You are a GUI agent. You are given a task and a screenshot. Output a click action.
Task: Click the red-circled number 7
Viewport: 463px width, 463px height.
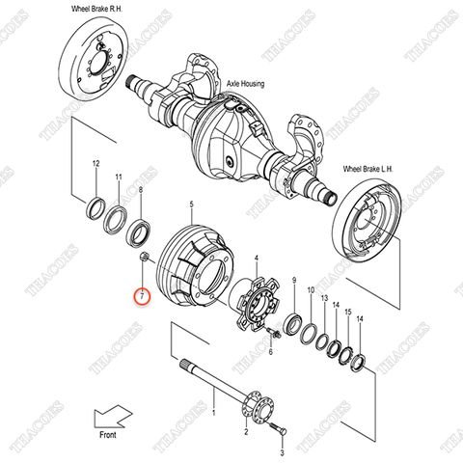click(142, 297)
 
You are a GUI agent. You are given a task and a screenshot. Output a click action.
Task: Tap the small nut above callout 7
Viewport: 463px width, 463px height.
click(142, 256)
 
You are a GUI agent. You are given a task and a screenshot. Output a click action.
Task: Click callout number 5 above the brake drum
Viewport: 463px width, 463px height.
click(191, 204)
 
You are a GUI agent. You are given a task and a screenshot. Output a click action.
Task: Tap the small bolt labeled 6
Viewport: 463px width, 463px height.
click(273, 335)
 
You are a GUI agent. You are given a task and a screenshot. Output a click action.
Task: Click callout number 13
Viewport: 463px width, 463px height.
click(324, 298)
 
